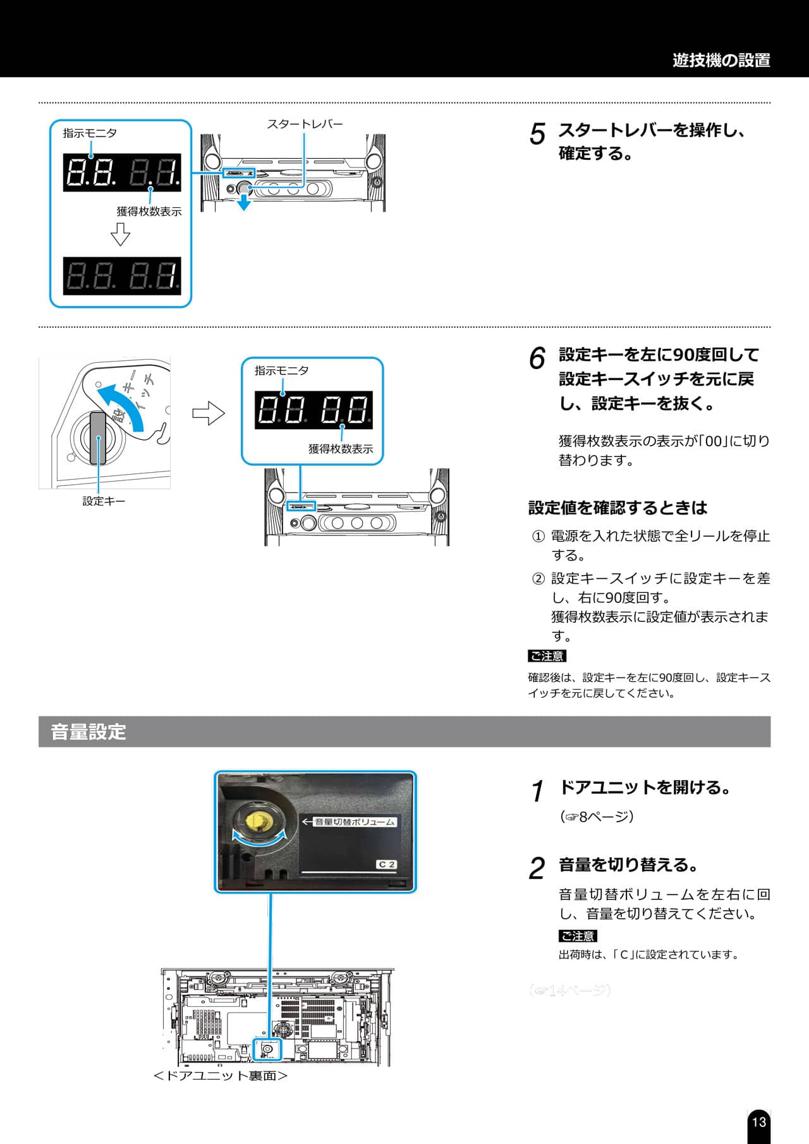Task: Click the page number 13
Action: point(758,1122)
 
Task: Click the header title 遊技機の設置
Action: point(721,61)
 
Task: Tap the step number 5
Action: point(537,134)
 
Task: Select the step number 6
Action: point(537,358)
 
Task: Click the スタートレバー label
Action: point(305,124)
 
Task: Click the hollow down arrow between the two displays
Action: point(120,235)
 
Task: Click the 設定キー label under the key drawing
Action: point(104,501)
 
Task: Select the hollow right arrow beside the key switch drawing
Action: point(209,414)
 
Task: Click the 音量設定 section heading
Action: point(88,732)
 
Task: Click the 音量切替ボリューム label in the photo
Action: point(355,822)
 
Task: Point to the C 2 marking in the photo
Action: point(386,864)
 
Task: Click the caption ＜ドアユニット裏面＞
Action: point(221,1075)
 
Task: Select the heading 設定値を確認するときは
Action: point(617,508)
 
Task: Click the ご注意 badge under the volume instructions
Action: point(578,935)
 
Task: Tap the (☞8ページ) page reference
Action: point(597,817)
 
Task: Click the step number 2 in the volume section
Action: point(537,868)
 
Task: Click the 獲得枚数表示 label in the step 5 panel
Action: point(149,212)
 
